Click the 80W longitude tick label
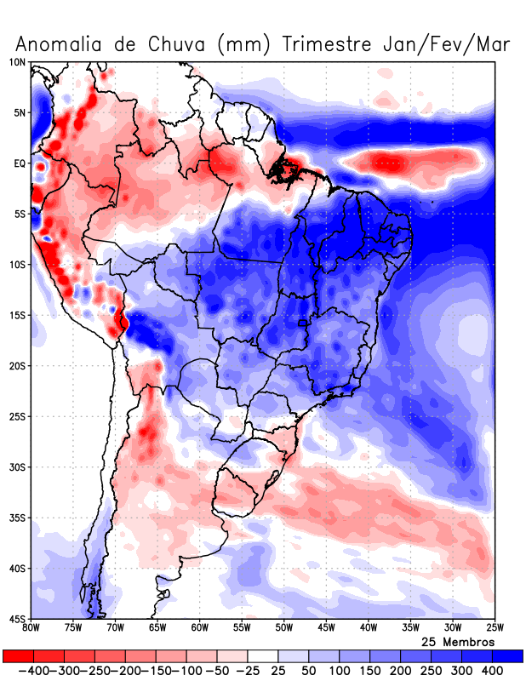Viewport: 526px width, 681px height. [31, 628]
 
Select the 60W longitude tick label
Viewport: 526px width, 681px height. [199, 628]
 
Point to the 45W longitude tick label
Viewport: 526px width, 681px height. [325, 628]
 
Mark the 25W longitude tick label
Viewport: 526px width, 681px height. [493, 628]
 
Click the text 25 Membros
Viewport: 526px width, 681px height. [458, 641]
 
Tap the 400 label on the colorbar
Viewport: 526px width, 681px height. [492, 672]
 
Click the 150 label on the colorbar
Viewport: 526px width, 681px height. [369, 672]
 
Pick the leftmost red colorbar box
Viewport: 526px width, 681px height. [18, 656]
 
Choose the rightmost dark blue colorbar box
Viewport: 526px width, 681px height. [507, 656]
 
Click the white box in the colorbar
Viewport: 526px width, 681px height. [262, 656]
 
